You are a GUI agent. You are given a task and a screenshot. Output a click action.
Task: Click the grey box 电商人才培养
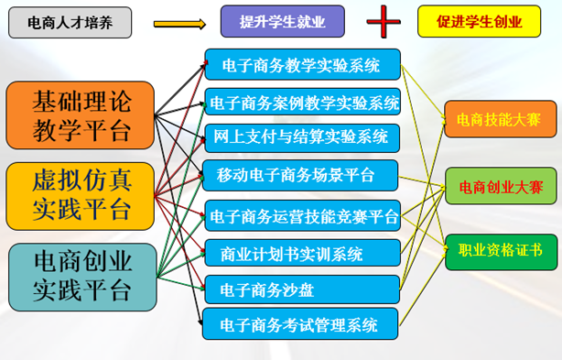click(70, 23)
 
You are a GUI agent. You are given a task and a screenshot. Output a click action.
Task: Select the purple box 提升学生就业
click(283, 21)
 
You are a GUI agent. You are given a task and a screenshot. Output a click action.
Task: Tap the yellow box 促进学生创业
click(480, 21)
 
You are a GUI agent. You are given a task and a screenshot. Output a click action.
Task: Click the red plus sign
click(384, 21)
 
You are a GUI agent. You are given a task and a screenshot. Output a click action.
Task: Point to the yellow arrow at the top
click(180, 24)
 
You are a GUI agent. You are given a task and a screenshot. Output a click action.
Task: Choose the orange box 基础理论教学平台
click(81, 115)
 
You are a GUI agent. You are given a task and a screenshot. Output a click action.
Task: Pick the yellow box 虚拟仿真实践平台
click(81, 196)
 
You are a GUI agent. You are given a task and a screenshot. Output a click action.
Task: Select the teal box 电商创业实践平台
click(82, 278)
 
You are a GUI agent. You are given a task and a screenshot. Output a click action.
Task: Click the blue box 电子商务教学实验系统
click(302, 64)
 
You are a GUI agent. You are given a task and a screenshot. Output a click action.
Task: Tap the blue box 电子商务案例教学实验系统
click(302, 102)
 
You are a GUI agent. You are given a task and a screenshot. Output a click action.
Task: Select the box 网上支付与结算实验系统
click(302, 138)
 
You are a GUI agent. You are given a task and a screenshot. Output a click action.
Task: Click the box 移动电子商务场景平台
click(300, 175)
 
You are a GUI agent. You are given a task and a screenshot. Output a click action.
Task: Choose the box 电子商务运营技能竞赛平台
click(302, 215)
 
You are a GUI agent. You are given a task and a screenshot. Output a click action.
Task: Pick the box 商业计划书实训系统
click(302, 253)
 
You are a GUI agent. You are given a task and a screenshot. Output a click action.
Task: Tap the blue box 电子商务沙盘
click(302, 289)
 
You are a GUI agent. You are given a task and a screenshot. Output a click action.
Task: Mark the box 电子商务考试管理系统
click(300, 323)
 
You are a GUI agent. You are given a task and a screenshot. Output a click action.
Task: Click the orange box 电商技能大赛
click(501, 119)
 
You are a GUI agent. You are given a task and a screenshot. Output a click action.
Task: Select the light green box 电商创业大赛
click(501, 186)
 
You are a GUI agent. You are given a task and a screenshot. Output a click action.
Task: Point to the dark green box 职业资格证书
click(501, 252)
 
